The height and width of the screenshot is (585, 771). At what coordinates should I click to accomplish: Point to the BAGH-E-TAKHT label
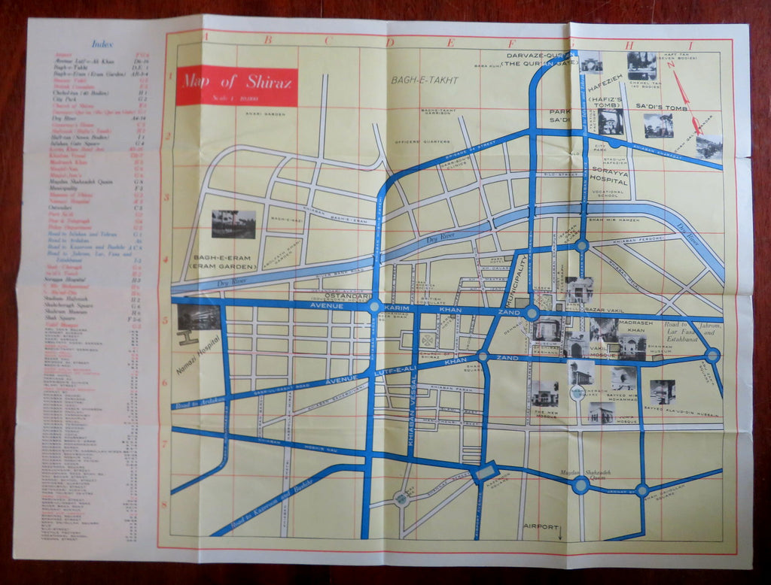[424, 80]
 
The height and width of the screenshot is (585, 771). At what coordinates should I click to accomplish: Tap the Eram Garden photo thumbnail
[233, 224]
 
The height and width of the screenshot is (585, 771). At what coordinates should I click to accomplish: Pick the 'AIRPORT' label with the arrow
[543, 526]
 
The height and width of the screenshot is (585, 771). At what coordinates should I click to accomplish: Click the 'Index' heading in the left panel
[102, 44]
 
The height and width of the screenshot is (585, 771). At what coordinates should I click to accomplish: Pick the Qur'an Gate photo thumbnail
[592, 63]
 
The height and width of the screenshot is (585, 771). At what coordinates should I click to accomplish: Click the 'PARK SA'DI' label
[560, 115]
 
